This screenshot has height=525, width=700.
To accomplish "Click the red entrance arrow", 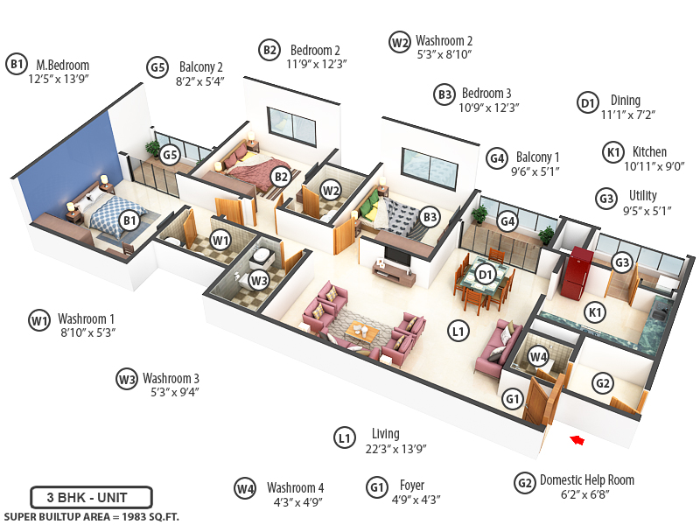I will coord(576,439).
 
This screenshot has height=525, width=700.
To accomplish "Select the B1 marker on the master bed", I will coord(129,220).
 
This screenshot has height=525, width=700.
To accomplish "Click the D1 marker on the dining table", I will coord(487,275).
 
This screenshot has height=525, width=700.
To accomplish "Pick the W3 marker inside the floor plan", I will coord(257,280).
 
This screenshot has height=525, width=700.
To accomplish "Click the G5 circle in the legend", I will coord(157,67).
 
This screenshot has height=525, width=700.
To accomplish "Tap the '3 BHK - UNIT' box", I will coord(91,498).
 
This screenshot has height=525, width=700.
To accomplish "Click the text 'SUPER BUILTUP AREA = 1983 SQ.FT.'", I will coord(91,516).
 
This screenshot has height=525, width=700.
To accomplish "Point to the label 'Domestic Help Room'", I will coord(587,479).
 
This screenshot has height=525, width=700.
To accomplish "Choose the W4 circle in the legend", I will coord(245,488).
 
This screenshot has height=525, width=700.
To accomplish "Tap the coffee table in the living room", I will coord(360,330).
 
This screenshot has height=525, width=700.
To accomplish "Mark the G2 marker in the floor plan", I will coord(602,383).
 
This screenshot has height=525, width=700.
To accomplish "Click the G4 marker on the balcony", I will coord(507,221).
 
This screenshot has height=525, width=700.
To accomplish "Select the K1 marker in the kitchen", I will coord(596,312).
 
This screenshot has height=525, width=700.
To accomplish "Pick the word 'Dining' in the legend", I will coord(626,101).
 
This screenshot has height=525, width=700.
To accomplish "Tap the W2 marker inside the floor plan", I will coord(331,189).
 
